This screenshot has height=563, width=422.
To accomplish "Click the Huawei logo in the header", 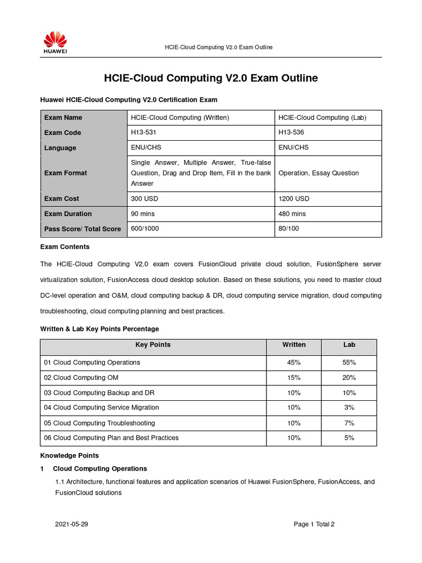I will coord(55,42).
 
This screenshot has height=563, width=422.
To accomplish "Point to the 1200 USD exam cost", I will coord(294,198).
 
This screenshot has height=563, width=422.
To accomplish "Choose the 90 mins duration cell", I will coord(142,213).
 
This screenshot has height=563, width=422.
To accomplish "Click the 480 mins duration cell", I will coord(292,213).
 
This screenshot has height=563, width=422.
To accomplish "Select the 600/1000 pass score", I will coord(145,228).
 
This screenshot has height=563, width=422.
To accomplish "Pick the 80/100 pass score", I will coord(289,228).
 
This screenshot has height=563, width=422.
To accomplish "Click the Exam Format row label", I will coord(65,173).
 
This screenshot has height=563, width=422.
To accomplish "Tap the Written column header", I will coord(294,345).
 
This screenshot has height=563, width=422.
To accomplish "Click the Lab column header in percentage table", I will coord(349,345).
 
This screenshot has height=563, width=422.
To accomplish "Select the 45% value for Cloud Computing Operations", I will coord(294,362).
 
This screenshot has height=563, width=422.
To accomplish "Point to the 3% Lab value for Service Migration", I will coord(349,407).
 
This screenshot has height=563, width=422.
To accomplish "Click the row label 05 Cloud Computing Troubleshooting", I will coord(99,423).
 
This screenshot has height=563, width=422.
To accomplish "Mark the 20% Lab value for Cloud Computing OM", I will coord(349,378).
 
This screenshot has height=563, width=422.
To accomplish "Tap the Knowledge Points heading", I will coord(70,455).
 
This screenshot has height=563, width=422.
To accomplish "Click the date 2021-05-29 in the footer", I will coord(71,524).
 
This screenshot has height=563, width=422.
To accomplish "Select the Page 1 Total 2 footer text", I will coord(314,524).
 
